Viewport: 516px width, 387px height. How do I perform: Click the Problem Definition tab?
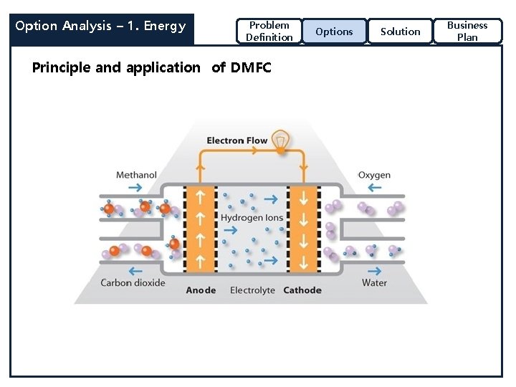[269, 32]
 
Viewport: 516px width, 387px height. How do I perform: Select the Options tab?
[334, 32]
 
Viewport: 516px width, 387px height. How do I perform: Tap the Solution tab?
[400, 32]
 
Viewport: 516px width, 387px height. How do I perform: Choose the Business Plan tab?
[467, 32]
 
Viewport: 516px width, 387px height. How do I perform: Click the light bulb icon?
[282, 140]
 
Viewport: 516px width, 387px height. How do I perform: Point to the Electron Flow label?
[236, 140]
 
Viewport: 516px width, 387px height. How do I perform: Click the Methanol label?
[136, 175]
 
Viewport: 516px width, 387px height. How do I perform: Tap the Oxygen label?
[374, 175]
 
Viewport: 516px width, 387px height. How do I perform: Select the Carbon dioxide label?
[133, 282]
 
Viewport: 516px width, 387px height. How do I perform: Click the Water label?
[374, 282]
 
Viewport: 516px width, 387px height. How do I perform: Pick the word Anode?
[201, 290]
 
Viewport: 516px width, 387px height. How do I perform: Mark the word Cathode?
[302, 290]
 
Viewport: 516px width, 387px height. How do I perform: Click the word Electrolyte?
[252, 290]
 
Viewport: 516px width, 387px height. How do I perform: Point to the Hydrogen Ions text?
[252, 217]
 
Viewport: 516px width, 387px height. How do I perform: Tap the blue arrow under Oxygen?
[374, 188]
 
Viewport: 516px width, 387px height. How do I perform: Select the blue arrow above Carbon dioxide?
[133, 271]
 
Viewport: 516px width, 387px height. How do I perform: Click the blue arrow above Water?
[374, 271]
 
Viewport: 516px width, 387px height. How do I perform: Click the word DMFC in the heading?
[251, 68]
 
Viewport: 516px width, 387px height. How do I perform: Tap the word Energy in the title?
[164, 27]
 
